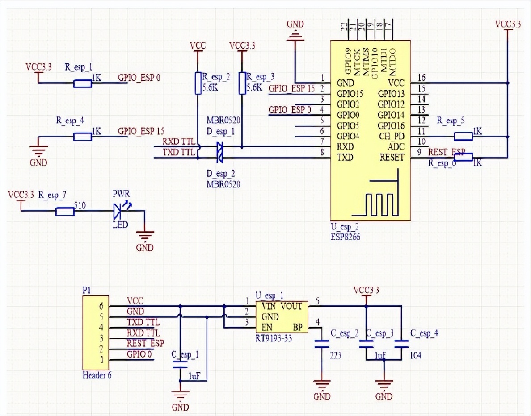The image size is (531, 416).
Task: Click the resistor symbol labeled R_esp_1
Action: (83, 83)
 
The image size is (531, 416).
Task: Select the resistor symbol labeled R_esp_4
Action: (83, 137)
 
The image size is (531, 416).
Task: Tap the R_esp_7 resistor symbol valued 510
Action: (65, 212)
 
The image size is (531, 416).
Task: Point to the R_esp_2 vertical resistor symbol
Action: (198, 83)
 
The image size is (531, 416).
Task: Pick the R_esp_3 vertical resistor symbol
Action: (242, 83)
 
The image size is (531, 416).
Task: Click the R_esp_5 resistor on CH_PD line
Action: (463, 136)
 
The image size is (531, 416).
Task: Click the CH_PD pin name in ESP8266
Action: (392, 136)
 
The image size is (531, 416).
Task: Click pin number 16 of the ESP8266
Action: (421, 78)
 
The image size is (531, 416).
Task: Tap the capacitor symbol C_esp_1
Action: (180, 364)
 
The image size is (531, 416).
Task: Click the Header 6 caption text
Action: (97, 375)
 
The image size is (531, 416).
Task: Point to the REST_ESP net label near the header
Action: (145, 343)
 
